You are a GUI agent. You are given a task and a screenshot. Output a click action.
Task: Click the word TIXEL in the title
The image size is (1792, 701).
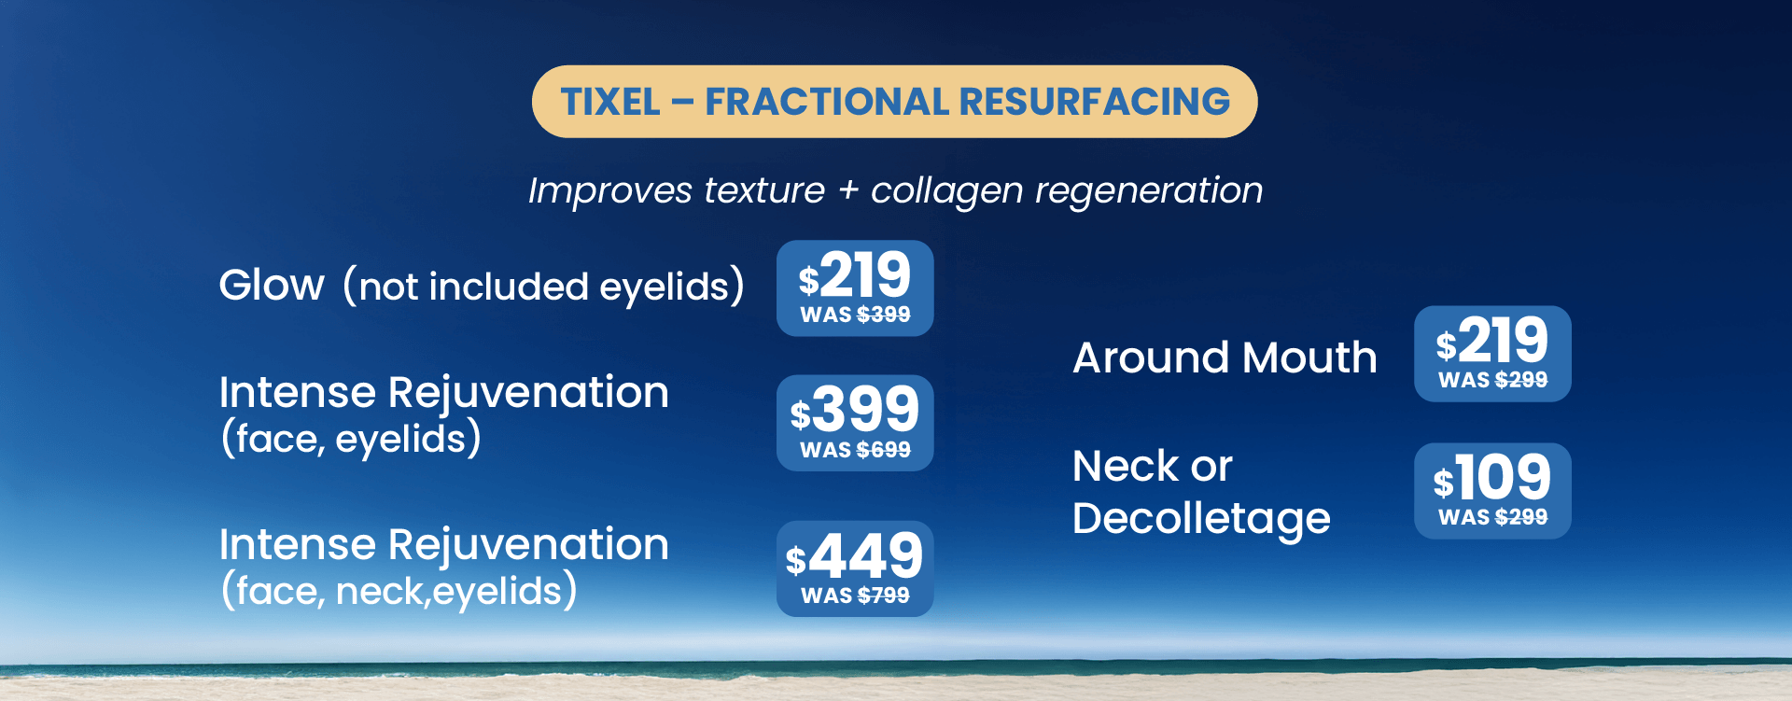[x=610, y=102]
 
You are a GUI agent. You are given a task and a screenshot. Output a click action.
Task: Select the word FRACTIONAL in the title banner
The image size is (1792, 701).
[x=827, y=102]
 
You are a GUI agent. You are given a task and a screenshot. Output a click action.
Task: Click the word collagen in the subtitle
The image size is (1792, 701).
[x=946, y=191]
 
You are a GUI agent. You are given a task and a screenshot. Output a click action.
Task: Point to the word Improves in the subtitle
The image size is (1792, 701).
[x=610, y=191]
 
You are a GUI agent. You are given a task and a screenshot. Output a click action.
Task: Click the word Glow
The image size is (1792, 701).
[x=272, y=285]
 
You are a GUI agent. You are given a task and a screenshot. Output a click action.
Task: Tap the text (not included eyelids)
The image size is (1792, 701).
[x=544, y=286]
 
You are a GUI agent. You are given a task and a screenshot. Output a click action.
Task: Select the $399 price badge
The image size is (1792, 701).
[x=855, y=423]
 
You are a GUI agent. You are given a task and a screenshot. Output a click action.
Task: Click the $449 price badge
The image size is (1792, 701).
[x=855, y=568]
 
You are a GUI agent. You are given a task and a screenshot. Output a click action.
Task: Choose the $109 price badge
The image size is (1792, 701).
[x=1492, y=491]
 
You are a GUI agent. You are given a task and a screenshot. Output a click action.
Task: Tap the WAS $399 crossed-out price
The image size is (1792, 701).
[x=855, y=315]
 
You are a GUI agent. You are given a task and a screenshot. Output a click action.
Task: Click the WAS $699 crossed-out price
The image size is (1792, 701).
[x=855, y=450]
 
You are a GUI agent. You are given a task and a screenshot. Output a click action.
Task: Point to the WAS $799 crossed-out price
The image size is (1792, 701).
[x=855, y=596]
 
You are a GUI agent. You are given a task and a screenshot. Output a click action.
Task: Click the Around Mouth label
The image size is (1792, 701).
[x=1225, y=358]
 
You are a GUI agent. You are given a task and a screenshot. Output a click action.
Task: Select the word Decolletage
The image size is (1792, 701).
[x=1201, y=519]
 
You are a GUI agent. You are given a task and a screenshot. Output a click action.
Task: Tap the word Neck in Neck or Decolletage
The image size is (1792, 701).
[x=1127, y=466]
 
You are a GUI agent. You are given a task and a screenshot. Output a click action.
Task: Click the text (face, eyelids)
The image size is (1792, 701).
[x=351, y=438]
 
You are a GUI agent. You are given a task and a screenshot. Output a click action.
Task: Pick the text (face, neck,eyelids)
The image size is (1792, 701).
[x=399, y=590]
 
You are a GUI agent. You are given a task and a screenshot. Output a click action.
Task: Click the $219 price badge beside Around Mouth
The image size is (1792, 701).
[x=1492, y=354]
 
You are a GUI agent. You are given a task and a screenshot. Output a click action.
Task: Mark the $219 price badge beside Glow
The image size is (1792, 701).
[x=855, y=288]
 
